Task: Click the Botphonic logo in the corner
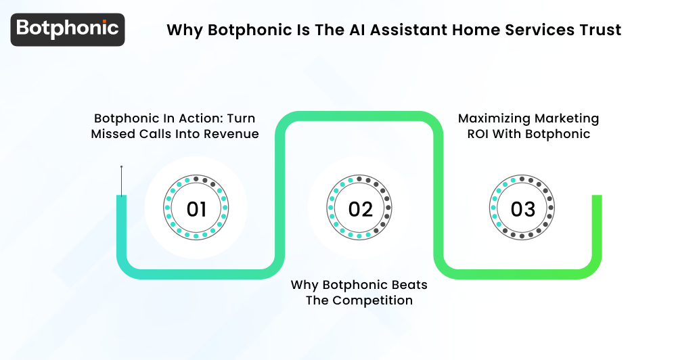coord(68,29)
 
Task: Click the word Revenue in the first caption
coord(232,134)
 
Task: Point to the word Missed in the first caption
coord(113,134)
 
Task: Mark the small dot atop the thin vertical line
coord(121,166)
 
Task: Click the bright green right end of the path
coord(597,203)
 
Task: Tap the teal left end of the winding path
coord(121,203)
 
